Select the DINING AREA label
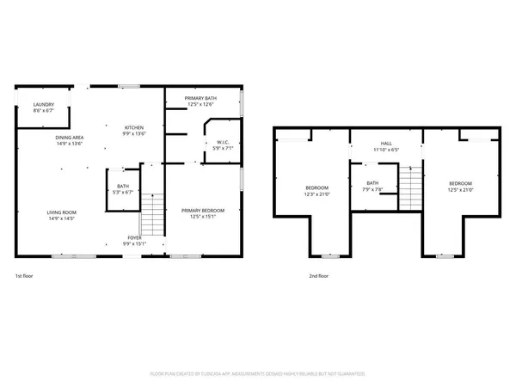[69, 138]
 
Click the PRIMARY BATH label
[200, 99]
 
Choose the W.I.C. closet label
[222, 142]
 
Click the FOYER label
[136, 238]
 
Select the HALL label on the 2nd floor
[386, 144]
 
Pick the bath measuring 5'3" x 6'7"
[122, 187]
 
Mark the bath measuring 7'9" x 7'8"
[372, 182]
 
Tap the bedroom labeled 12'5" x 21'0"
[460, 183]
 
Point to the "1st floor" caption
[24, 276]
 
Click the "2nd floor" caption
[318, 276]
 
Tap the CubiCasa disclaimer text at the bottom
[258, 374]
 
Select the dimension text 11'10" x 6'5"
[386, 150]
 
